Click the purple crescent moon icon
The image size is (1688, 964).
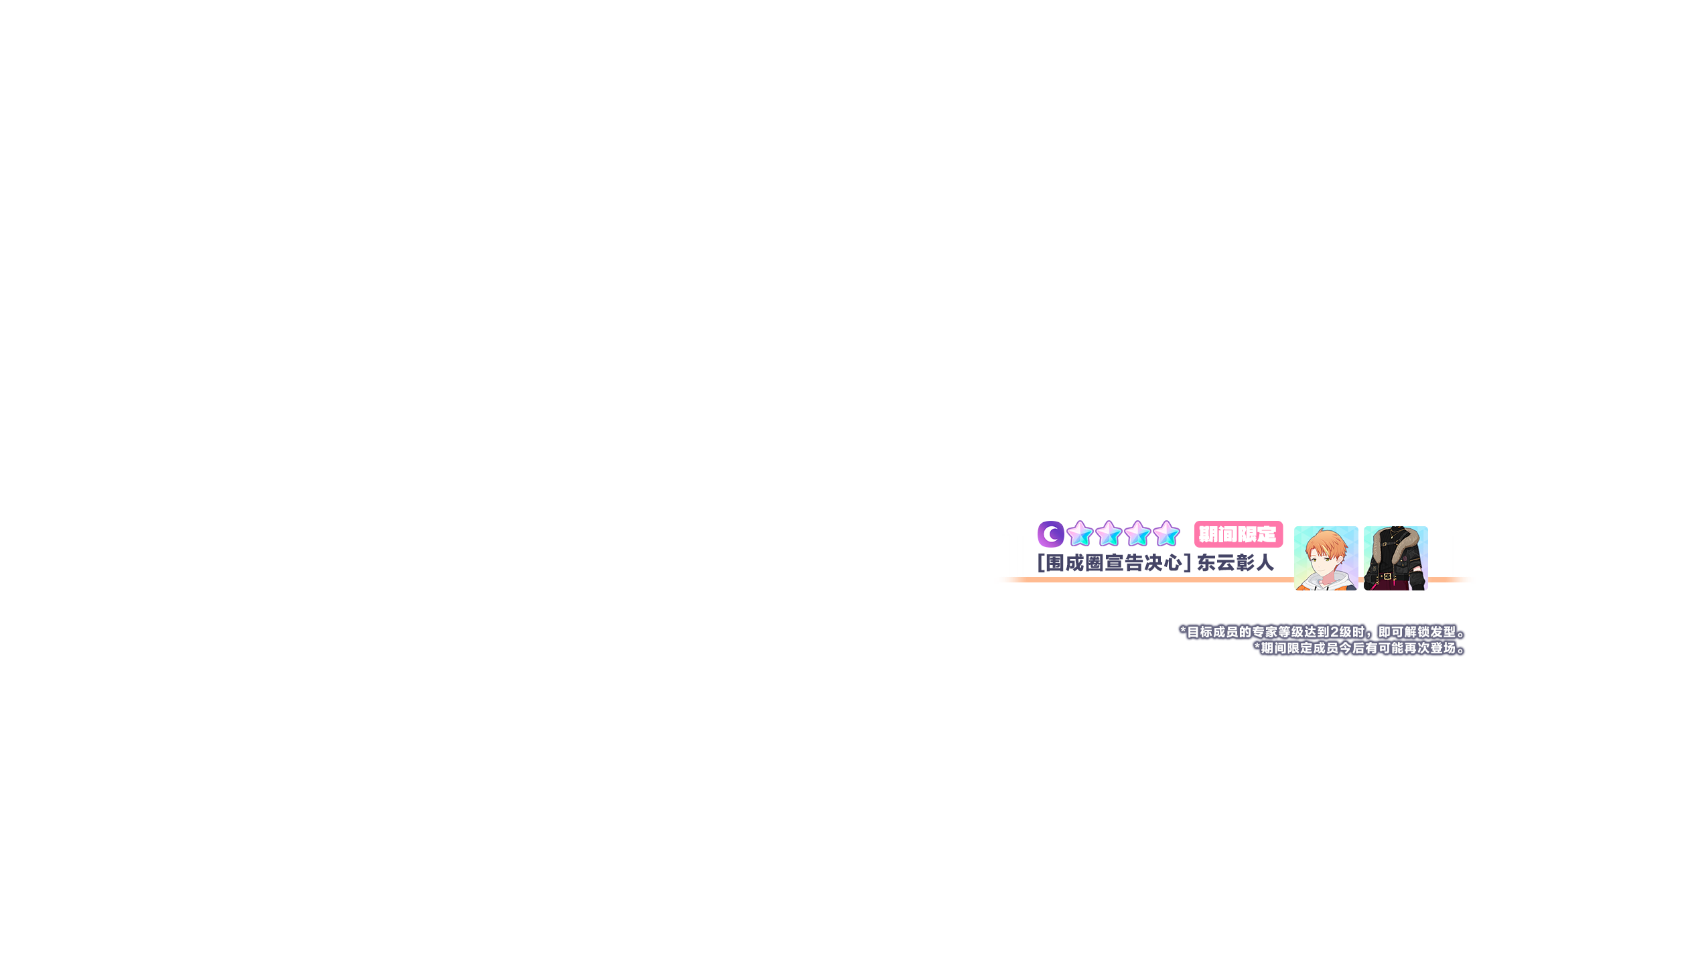click(x=1050, y=534)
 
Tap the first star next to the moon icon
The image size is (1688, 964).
click(x=1080, y=534)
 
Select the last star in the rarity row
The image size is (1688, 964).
click(x=1166, y=534)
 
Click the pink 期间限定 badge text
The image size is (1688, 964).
click(x=1237, y=534)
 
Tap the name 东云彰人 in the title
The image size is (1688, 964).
click(x=1235, y=563)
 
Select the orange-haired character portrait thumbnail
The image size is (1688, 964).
click(x=1326, y=558)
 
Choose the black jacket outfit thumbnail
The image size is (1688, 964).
click(x=1395, y=558)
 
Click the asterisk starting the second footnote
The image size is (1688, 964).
click(x=1257, y=647)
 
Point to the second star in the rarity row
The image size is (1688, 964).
click(x=1109, y=534)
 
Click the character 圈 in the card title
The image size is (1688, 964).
click(x=1095, y=563)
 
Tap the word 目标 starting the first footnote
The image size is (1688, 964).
click(x=1200, y=632)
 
